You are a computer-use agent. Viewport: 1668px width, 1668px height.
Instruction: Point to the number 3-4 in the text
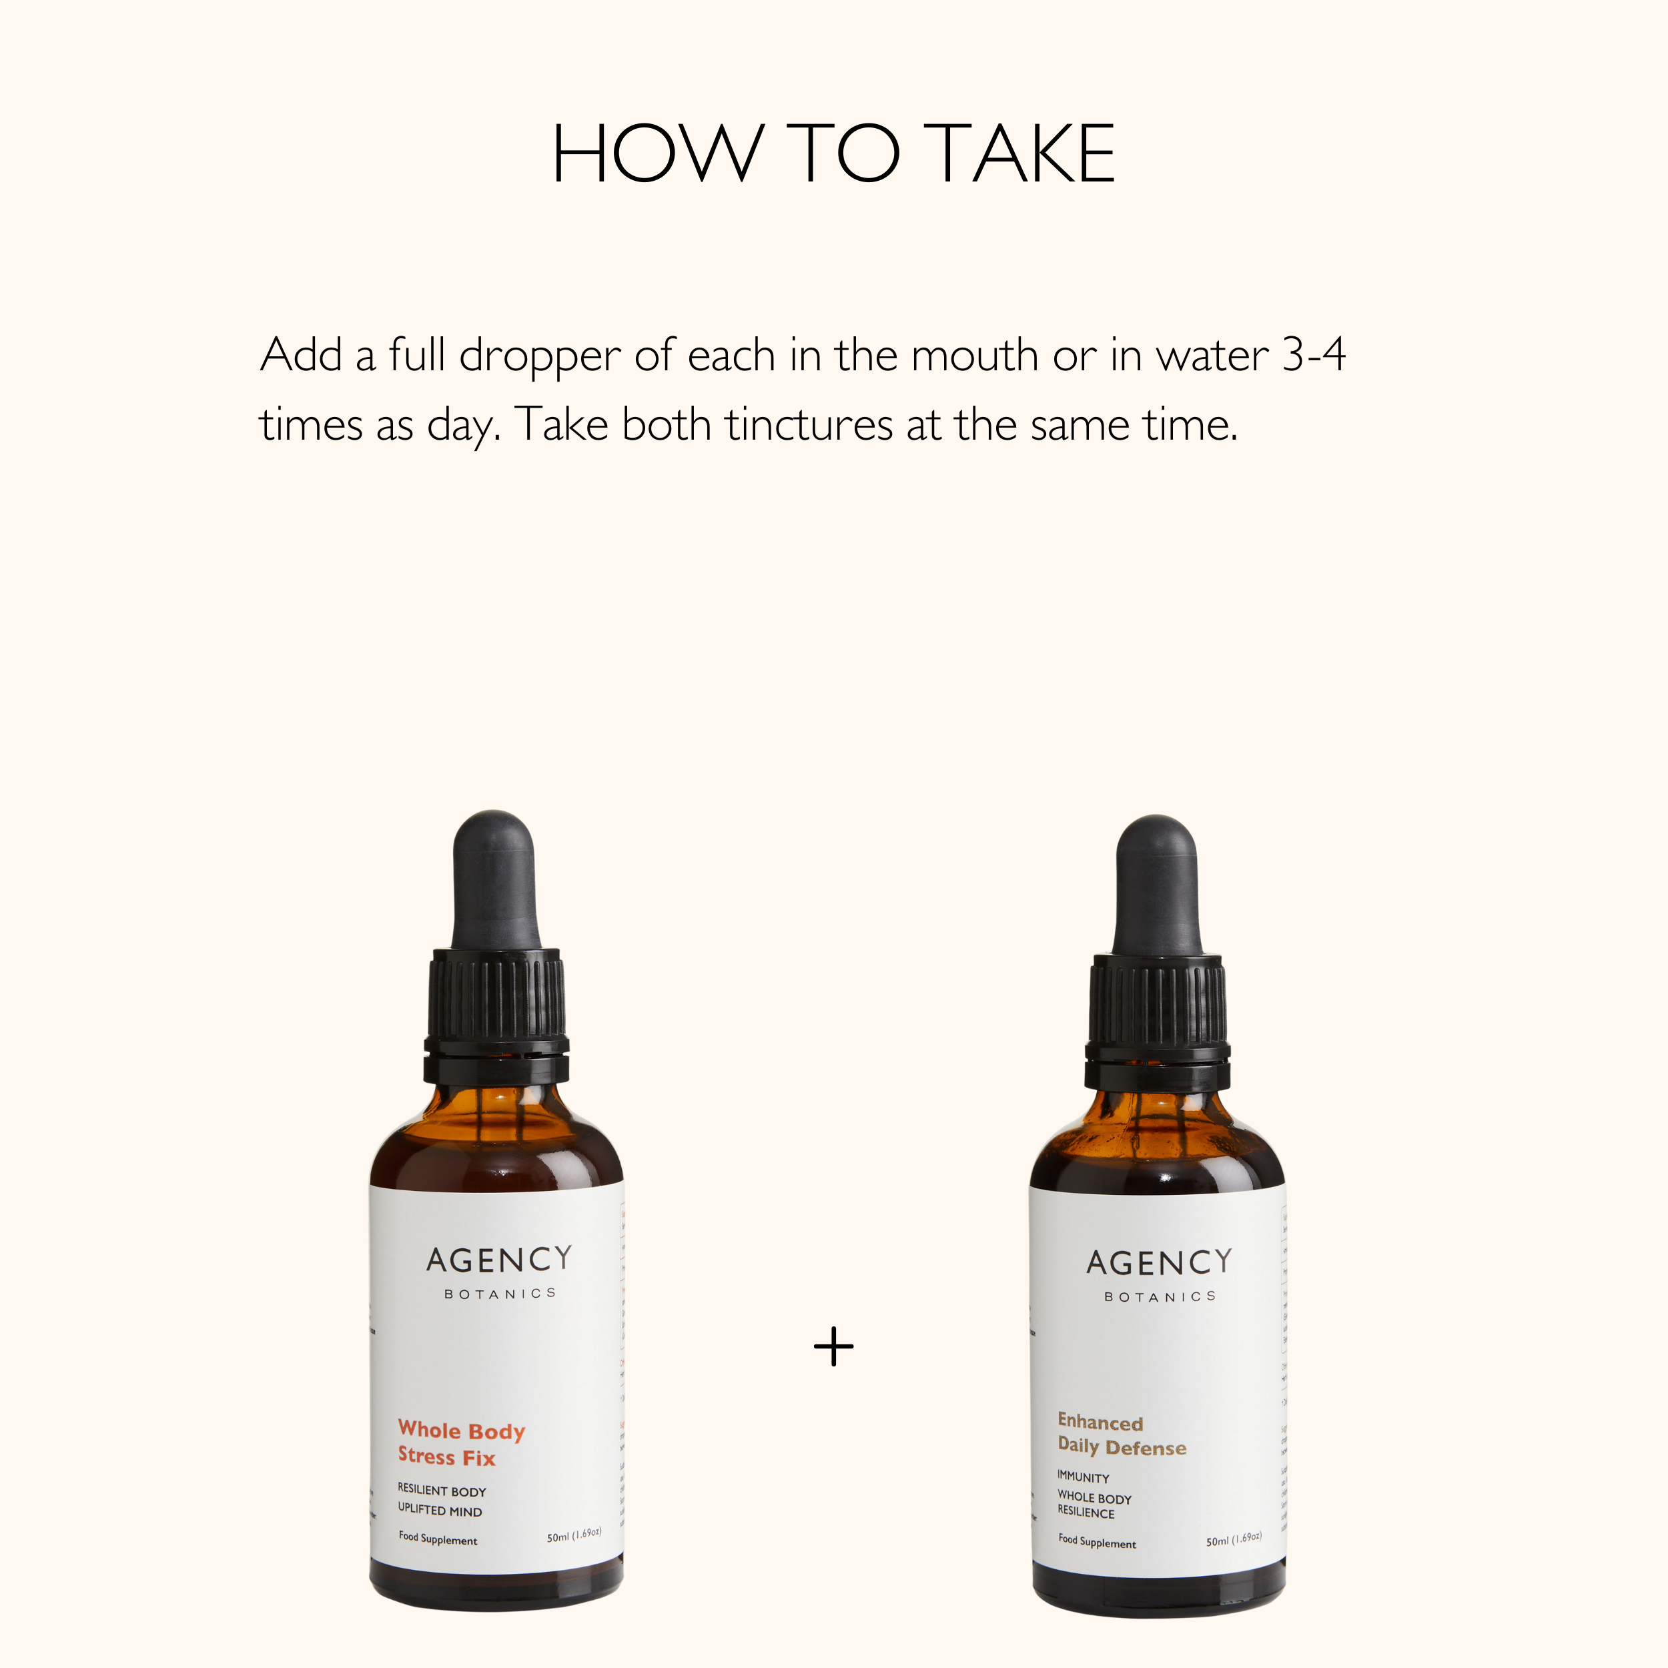(1313, 355)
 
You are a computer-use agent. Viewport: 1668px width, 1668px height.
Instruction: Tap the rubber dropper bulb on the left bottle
(494, 881)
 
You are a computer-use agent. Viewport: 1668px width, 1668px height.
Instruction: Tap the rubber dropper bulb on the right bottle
(1157, 885)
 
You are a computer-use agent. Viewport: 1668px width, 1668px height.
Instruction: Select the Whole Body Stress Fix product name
(460, 1444)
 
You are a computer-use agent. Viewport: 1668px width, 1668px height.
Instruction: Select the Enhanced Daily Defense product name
(1121, 1435)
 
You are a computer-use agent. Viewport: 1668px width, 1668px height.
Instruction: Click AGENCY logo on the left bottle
(499, 1260)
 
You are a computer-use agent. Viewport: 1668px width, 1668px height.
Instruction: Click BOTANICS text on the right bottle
(1160, 1297)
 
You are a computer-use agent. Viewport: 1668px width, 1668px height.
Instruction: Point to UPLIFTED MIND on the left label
(440, 1510)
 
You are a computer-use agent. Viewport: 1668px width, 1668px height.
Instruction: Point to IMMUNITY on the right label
(1083, 1477)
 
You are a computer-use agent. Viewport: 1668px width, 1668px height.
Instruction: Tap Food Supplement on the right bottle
(1096, 1542)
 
